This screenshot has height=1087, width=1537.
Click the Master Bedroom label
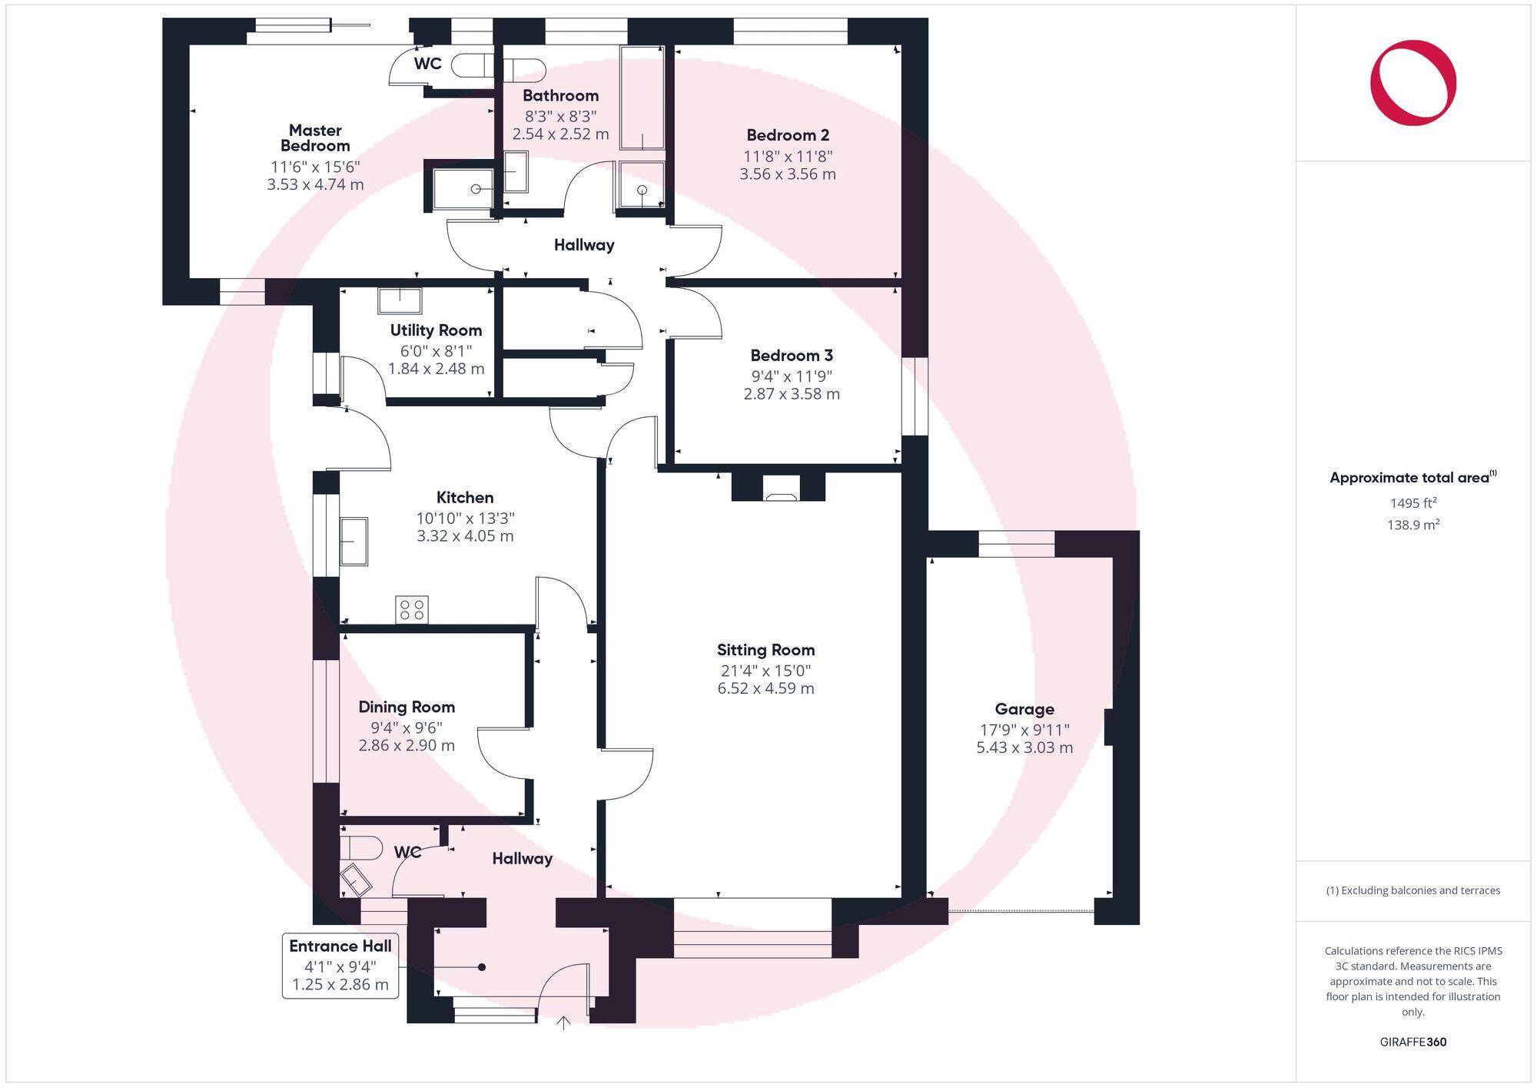click(315, 138)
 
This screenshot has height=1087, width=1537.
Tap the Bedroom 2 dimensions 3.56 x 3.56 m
click(788, 174)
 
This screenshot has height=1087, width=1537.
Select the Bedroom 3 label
click(792, 356)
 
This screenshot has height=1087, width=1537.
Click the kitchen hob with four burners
click(412, 610)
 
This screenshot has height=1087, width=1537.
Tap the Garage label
click(1024, 709)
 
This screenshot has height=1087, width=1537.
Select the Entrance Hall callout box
click(340, 966)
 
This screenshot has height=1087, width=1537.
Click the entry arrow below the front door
click(563, 1022)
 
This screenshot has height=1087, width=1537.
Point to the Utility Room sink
click(400, 300)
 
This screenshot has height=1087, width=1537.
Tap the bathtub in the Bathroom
click(642, 98)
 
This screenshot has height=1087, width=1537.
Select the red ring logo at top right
click(1413, 83)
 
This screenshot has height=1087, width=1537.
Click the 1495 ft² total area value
click(1413, 503)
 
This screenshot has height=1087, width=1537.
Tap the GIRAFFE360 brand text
click(1413, 1042)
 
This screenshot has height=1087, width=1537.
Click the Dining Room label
click(407, 708)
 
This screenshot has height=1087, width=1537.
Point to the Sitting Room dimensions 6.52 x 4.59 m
click(765, 689)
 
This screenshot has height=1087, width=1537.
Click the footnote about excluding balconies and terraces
click(1413, 891)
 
